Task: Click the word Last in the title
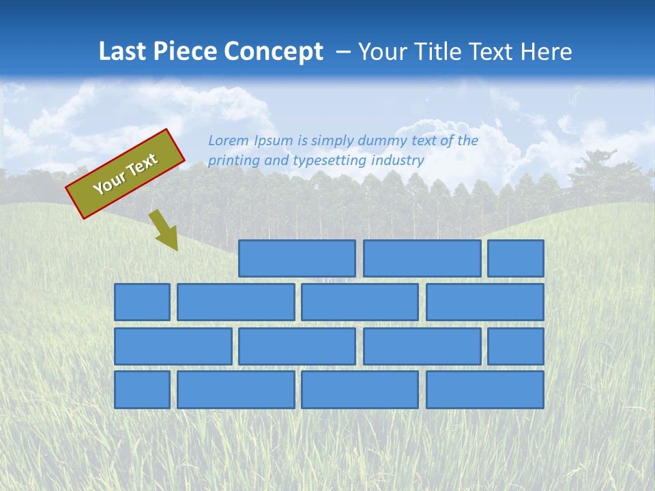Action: (x=122, y=52)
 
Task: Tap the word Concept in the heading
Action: (x=274, y=52)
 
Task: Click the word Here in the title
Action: (x=546, y=52)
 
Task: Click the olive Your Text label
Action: (x=126, y=174)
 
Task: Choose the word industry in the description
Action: (x=398, y=160)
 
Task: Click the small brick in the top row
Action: (x=516, y=258)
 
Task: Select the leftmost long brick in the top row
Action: (x=297, y=258)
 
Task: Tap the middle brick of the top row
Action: (x=422, y=258)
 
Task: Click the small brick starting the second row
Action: (x=142, y=302)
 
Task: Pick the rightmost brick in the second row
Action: (x=485, y=302)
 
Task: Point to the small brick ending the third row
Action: (x=516, y=346)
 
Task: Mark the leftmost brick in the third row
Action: (x=173, y=346)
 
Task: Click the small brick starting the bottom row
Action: (x=142, y=390)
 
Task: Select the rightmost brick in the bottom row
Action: (x=485, y=390)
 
